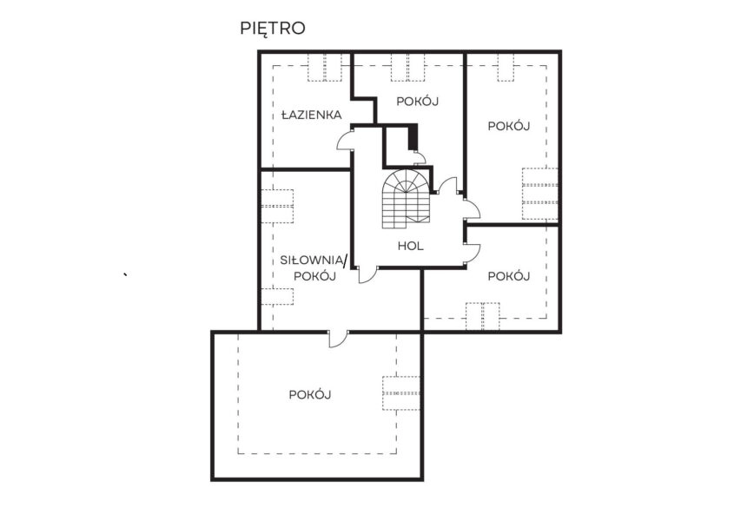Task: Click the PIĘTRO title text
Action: click(273, 29)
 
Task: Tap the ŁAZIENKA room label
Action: click(311, 115)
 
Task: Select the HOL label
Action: click(411, 246)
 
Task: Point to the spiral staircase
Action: click(406, 199)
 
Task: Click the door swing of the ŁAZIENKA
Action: click(344, 141)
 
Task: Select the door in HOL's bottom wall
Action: click(368, 275)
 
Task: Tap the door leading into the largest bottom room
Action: click(339, 340)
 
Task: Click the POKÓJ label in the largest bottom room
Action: click(310, 395)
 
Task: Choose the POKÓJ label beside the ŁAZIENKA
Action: click(418, 102)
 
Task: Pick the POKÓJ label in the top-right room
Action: click(509, 126)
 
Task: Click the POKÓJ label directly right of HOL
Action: click(509, 276)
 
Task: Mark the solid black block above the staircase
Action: click(413, 137)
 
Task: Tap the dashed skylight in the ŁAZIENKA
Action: click(324, 68)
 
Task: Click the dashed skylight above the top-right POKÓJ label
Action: click(506, 68)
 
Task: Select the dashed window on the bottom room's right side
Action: click(401, 393)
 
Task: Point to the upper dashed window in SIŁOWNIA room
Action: click(276, 207)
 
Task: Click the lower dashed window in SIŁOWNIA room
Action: click(276, 297)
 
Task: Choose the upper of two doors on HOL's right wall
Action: click(472, 209)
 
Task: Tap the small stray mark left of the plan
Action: click(125, 274)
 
